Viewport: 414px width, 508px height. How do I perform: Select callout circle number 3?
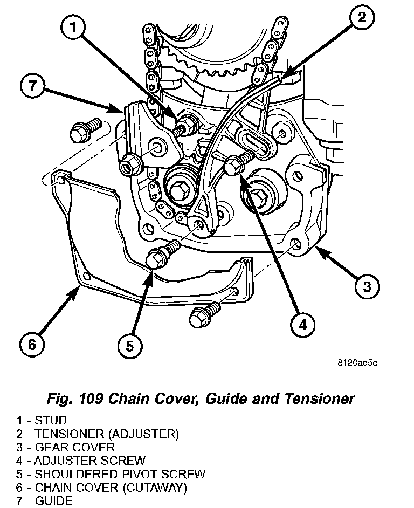pos(367,286)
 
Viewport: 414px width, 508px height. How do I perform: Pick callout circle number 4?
pos(302,324)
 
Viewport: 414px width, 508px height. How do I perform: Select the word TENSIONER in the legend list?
pos(68,433)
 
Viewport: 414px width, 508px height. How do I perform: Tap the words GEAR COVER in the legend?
pos(75,447)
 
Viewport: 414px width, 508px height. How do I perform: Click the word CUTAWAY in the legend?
pos(158,488)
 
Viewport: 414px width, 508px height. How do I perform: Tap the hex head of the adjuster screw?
pos(233,167)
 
